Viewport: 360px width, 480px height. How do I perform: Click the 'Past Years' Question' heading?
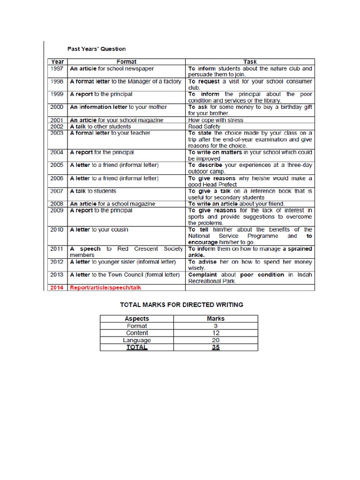[x=97, y=49]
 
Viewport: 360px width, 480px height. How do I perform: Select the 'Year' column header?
[x=58, y=61]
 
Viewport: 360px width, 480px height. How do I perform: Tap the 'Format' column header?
[x=127, y=61]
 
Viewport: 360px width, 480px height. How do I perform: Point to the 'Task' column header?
[x=250, y=61]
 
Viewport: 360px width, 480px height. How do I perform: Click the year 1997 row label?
[x=58, y=68]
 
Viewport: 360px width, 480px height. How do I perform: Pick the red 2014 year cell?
[x=58, y=287]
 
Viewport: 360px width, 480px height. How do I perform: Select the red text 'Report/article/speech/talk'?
[x=105, y=287]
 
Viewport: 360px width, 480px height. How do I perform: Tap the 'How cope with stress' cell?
[x=216, y=120]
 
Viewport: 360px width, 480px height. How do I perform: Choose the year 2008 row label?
[x=58, y=204]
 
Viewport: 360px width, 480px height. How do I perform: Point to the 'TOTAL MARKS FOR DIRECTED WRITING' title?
[x=181, y=305]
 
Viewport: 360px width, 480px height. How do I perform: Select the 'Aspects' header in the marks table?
[x=136, y=319]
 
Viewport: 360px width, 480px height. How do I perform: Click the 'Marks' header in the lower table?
[x=216, y=319]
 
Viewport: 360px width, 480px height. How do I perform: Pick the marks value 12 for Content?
[x=216, y=333]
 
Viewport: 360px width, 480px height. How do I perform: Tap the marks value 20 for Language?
[x=216, y=340]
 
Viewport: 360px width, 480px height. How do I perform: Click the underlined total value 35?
[x=216, y=347]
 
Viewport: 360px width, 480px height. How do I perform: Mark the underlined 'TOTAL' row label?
[x=136, y=347]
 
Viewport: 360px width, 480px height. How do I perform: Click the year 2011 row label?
[x=58, y=249]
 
